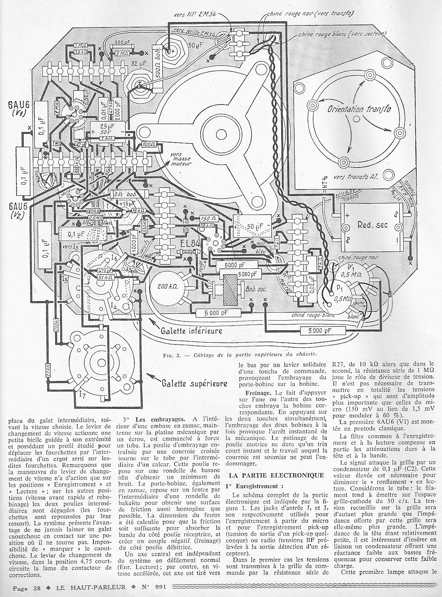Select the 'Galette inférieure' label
192,330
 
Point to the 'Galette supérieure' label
195,383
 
